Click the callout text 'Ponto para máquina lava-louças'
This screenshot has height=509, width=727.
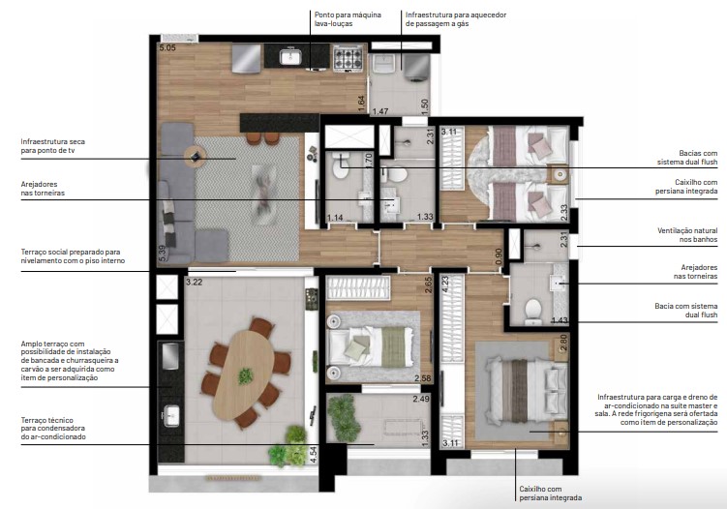pyautogui.click(x=345, y=19)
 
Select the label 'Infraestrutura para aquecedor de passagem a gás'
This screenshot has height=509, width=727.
pyautogui.click(x=455, y=19)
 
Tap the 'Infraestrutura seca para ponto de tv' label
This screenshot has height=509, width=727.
pyautogui.click(x=50, y=146)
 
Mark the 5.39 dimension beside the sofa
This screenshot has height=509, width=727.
pyautogui.click(x=163, y=254)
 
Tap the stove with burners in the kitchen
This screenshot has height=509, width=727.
pyautogui.click(x=347, y=60)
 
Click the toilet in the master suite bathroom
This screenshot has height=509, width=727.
pyautogui.click(x=530, y=309)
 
